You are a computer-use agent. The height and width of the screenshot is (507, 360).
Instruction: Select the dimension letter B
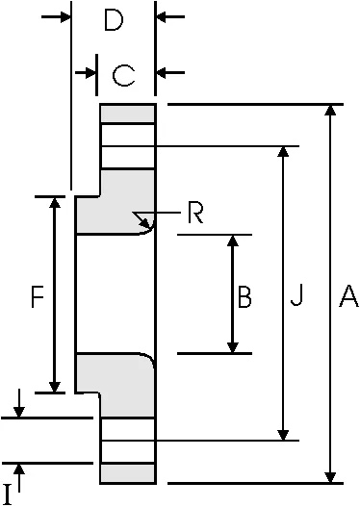pyautogui.click(x=244, y=299)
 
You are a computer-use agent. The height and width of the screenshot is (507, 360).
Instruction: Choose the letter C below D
pyautogui.click(x=122, y=74)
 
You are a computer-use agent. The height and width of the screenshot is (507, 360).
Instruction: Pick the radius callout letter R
pyautogui.click(x=195, y=213)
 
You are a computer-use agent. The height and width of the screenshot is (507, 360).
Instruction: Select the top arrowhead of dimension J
pyautogui.click(x=283, y=153)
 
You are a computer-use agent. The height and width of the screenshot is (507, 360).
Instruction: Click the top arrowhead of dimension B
pyautogui.click(x=232, y=241)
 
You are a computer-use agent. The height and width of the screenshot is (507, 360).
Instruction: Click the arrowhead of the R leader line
pyautogui.click(x=141, y=215)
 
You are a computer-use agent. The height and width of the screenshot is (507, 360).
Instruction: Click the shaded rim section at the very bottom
pyautogui.click(x=127, y=472)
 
